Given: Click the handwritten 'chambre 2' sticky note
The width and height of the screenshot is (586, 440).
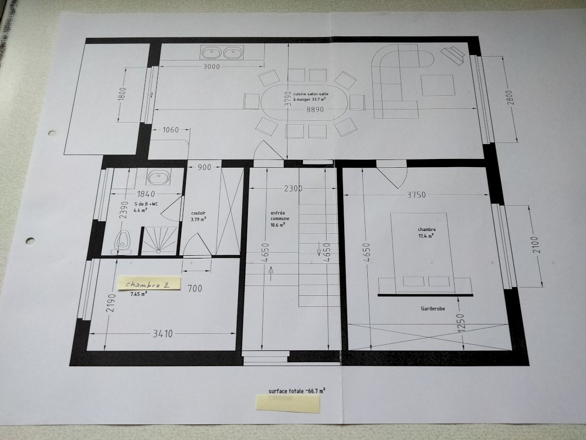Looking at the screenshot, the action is point(148,283).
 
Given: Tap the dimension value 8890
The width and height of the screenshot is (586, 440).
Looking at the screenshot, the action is point(315,109).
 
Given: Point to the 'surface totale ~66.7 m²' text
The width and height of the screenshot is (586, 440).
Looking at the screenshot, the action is point(297,391).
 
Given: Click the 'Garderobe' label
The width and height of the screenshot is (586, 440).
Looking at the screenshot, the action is point(433,309).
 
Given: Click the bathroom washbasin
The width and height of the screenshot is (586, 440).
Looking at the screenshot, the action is point(159,177).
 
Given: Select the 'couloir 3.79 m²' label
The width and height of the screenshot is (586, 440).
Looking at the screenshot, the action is point(198,216).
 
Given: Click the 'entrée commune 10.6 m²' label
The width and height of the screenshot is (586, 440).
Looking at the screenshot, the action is point(280,219).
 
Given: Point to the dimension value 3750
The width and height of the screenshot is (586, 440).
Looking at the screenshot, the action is point(416,195).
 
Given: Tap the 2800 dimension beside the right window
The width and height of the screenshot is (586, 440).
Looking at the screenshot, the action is point(511,98).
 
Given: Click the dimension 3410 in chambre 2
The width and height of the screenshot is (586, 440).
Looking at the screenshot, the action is point(163,333).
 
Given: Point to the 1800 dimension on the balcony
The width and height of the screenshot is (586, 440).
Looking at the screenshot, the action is point(122,94).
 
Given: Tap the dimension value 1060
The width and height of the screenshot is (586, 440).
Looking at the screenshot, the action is point(171,130).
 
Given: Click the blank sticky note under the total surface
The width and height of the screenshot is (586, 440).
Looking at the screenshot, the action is point(288,403).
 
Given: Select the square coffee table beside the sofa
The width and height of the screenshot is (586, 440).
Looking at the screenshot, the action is point(438,85).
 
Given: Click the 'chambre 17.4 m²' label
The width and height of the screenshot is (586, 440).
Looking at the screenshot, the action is point(427,233).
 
